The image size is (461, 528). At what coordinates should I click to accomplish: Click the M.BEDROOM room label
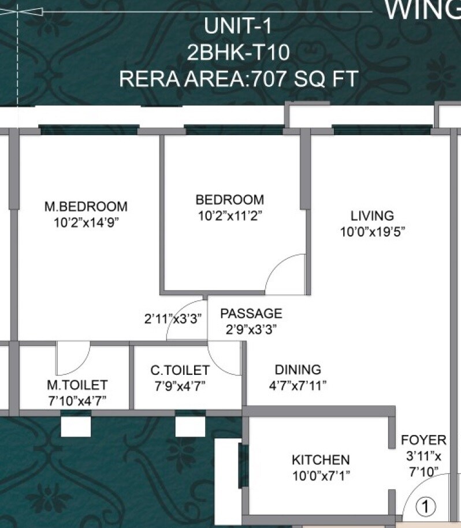86,206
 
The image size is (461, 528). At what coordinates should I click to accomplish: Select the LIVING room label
372,216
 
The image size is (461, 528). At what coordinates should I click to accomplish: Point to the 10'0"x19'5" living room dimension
373,232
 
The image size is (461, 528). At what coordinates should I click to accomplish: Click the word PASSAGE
251,314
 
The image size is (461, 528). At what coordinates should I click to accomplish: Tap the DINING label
298,370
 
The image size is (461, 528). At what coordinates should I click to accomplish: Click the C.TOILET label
180,370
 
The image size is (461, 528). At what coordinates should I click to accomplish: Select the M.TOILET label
77,385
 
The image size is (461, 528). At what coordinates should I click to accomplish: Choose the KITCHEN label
321,460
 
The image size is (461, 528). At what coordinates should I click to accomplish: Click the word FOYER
424,441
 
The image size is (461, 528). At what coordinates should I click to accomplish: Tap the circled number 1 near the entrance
425,507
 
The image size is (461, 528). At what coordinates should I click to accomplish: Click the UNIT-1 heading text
238,27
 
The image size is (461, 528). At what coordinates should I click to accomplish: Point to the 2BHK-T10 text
238,53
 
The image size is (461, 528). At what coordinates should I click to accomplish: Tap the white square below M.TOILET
76,426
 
